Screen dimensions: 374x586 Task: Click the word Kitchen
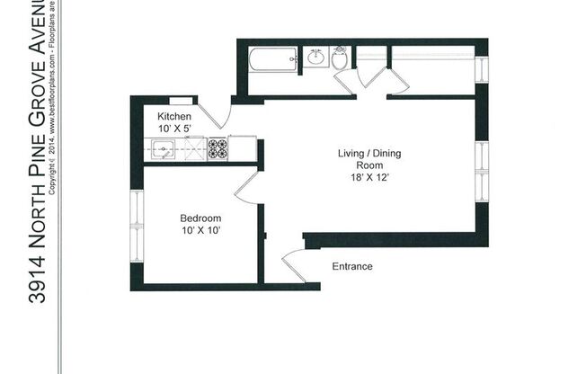tap(174, 117)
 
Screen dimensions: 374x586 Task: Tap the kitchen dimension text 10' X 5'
tap(174, 129)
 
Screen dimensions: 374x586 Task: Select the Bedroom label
tap(200, 218)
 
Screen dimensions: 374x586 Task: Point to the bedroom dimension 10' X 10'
tap(200, 231)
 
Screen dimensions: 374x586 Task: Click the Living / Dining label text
tap(369, 154)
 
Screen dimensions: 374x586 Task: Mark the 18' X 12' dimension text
tap(369, 177)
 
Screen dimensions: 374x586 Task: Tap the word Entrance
tap(352, 267)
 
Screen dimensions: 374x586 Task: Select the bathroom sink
tap(315, 58)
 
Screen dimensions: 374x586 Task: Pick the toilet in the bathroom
tap(340, 59)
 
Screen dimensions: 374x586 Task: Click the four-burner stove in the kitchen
tap(218, 148)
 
